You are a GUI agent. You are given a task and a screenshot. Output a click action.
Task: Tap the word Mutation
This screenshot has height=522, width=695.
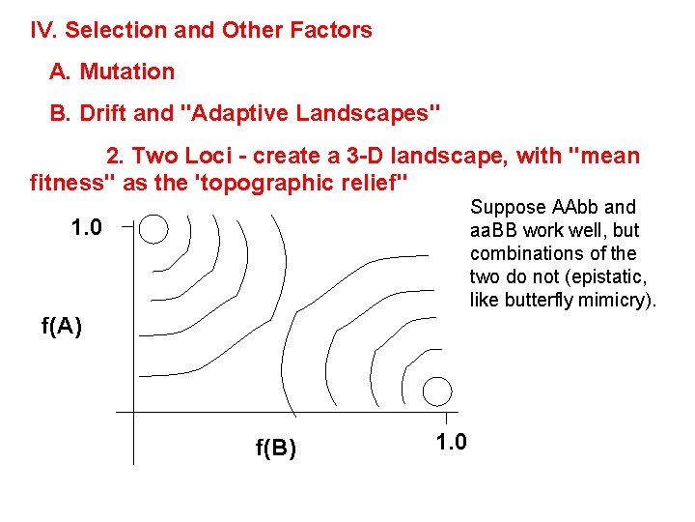pyautogui.click(x=127, y=72)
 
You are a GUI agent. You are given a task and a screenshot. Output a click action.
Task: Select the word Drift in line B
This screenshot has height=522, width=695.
pyautogui.click(x=104, y=114)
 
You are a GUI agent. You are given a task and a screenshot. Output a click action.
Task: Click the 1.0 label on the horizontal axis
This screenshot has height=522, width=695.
pyautogui.click(x=451, y=443)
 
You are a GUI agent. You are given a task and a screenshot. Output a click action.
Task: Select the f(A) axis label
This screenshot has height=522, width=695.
pyautogui.click(x=61, y=326)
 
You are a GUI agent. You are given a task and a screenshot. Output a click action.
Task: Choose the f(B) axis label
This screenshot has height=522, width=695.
pyautogui.click(x=275, y=448)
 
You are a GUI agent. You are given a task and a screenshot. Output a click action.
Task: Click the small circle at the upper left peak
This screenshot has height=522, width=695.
pyautogui.click(x=153, y=230)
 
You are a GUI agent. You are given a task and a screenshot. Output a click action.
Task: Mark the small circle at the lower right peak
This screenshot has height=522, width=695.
pyautogui.click(x=436, y=390)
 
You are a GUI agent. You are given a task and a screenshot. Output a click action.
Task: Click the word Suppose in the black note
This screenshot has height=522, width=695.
pyautogui.click(x=509, y=207)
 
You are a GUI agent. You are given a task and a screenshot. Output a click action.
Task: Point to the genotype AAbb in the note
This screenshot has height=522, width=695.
pyautogui.click(x=576, y=207)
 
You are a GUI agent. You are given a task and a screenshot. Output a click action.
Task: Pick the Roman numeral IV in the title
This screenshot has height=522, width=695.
pyautogui.click(x=42, y=30)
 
